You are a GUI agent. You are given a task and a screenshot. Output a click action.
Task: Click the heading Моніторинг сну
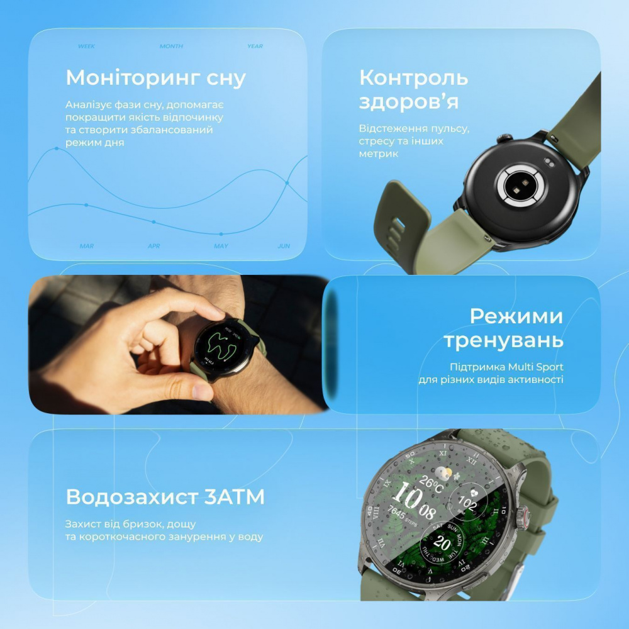(155, 79)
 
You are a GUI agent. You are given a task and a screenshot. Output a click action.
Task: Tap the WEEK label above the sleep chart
(87, 47)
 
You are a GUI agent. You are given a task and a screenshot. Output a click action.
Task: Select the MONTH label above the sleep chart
(171, 47)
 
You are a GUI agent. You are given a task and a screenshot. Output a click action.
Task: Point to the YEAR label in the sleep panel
(255, 47)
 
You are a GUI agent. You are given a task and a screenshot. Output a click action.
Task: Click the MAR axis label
(87, 246)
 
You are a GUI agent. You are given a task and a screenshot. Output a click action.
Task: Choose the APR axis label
(153, 246)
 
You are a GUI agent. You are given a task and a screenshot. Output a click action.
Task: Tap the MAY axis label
(221, 246)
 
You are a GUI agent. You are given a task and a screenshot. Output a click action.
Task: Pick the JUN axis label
(284, 246)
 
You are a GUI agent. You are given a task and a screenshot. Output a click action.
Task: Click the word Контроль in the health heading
(413, 78)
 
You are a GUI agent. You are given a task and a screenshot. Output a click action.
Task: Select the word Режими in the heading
(516, 316)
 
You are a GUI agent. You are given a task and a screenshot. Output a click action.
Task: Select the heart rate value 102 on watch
(467, 503)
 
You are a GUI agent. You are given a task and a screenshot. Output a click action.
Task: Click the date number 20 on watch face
(443, 543)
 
